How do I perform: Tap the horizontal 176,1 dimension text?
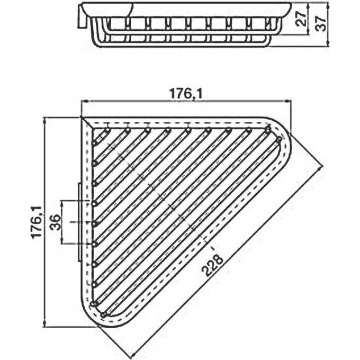[185, 93]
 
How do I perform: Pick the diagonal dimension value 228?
[213, 265]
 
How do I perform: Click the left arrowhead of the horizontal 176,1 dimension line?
[83, 101]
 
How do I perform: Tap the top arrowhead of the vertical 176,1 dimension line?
[46, 119]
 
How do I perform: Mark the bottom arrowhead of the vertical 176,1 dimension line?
[46, 325]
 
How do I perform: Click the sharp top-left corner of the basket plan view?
[83, 119]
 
